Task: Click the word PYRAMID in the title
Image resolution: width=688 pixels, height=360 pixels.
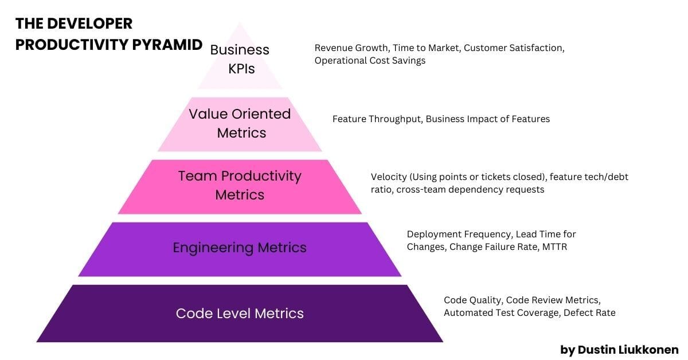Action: click(167, 45)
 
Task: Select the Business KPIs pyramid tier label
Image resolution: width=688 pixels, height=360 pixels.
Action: click(240, 59)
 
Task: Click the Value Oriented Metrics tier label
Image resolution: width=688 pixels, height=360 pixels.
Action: click(240, 123)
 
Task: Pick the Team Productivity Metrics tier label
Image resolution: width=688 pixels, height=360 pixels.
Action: click(240, 185)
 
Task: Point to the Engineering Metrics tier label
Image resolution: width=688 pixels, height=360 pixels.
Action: click(240, 248)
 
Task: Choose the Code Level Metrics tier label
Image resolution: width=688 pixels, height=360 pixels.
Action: click(240, 314)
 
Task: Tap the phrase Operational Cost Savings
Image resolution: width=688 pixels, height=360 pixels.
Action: click(370, 61)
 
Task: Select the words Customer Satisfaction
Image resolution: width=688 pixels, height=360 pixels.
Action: click(514, 48)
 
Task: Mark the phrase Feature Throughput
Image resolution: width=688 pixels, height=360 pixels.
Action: click(377, 119)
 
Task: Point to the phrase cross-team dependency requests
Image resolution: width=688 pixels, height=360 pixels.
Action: click(470, 190)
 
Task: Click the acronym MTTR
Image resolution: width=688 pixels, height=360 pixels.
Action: click(555, 247)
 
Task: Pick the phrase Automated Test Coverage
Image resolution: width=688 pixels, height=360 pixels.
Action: click(502, 312)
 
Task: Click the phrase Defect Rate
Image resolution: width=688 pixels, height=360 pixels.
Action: click(589, 312)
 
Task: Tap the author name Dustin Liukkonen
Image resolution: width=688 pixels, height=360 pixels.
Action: click(628, 350)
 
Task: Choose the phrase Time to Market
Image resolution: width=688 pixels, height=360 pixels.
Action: click(427, 48)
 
